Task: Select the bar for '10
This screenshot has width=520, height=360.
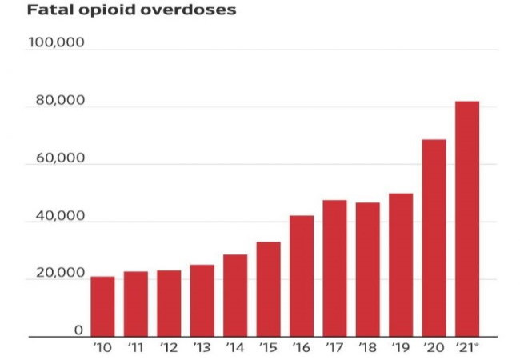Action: [102, 307]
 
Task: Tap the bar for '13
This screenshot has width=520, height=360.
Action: [202, 301]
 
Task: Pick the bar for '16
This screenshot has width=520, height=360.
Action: [302, 277]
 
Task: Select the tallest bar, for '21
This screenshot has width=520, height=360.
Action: [467, 219]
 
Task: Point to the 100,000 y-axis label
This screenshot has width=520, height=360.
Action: [56, 42]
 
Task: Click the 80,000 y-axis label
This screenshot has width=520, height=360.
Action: [59, 101]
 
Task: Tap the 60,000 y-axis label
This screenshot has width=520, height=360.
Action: [59, 158]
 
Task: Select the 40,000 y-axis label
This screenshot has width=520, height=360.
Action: [59, 216]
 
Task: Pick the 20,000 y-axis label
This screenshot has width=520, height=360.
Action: [59, 274]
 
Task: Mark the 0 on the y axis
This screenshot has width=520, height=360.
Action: [79, 330]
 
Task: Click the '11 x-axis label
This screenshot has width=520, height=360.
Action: [135, 347]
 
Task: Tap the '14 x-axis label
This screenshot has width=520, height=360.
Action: [235, 347]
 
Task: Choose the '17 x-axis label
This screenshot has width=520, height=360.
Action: [334, 347]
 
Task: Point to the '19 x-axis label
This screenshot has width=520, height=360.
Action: [401, 347]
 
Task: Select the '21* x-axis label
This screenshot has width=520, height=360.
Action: [469, 347]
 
